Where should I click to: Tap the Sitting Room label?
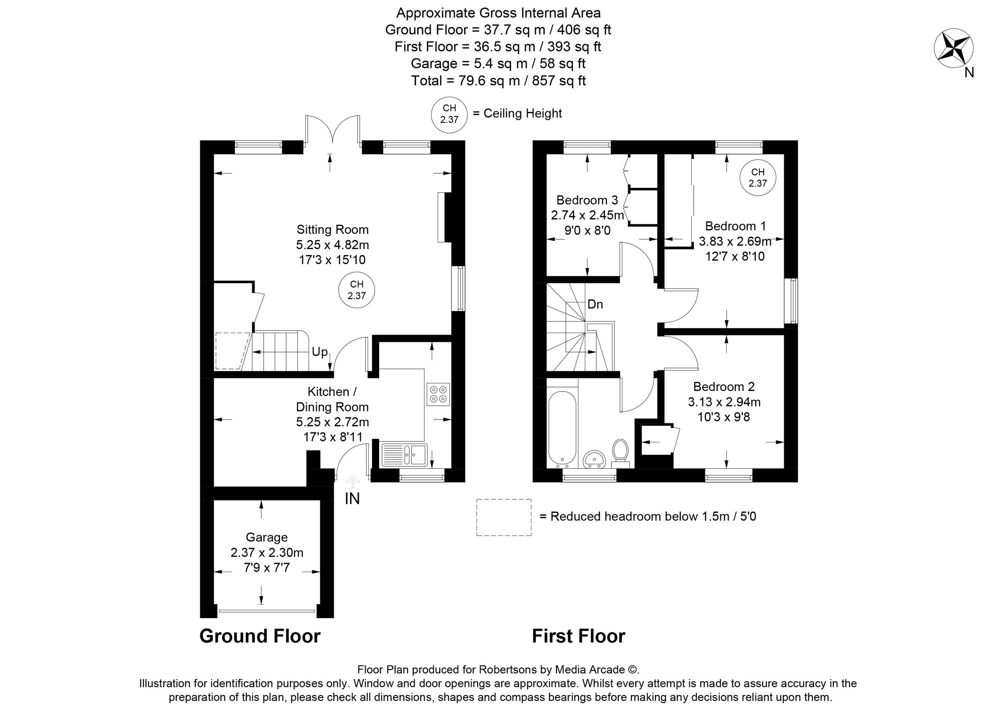332,230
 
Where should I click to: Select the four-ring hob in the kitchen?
438,393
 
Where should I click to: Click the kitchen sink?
404,454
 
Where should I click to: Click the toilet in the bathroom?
620,452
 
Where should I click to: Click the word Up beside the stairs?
320,352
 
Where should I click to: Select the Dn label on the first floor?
595,304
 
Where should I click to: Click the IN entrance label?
352,498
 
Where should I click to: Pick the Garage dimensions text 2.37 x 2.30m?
267,553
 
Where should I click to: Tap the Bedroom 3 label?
587,200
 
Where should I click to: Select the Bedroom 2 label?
724,386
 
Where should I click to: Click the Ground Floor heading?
260,636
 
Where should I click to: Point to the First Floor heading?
578,636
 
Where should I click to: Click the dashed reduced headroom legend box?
503,517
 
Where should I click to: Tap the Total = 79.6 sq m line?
498,80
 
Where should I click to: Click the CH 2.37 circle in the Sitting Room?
357,290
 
